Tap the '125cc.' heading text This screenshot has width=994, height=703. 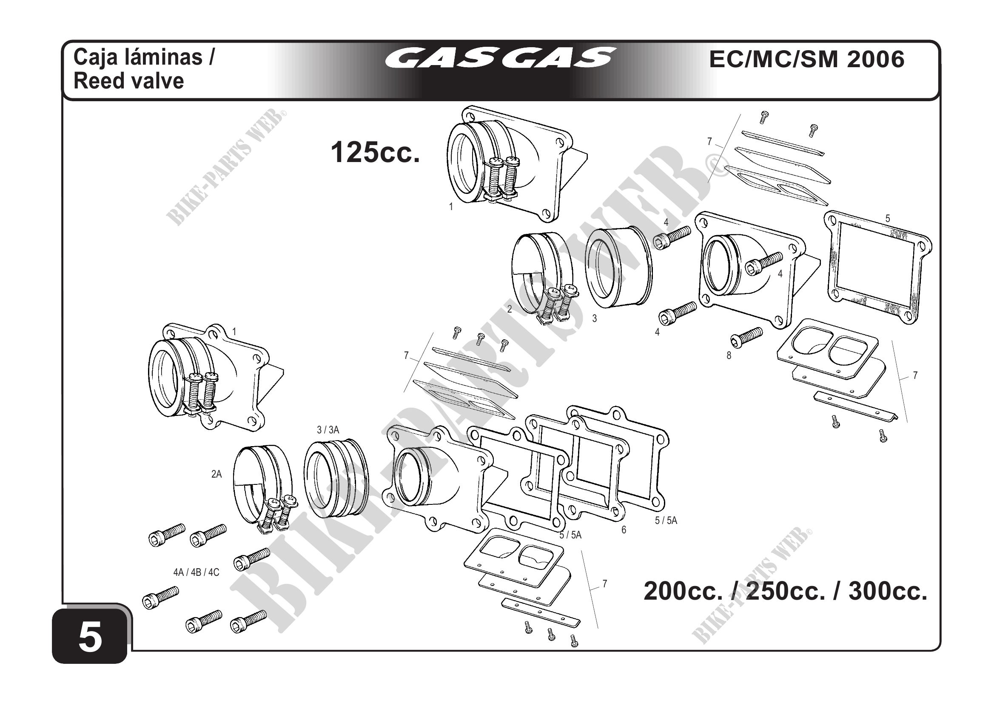375,152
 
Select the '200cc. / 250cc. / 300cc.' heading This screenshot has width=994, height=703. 785,591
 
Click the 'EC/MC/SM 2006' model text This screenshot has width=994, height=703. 806,59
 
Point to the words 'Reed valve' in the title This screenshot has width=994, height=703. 128,81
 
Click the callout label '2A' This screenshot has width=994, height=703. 216,474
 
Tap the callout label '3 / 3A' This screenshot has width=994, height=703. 328,430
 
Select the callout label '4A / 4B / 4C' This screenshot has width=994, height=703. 196,572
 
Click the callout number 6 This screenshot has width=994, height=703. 624,530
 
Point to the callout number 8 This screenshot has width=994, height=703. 729,356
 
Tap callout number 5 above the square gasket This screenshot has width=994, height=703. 888,219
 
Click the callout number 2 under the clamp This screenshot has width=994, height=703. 510,309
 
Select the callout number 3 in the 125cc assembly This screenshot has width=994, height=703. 595,319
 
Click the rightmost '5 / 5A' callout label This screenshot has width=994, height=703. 666,521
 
